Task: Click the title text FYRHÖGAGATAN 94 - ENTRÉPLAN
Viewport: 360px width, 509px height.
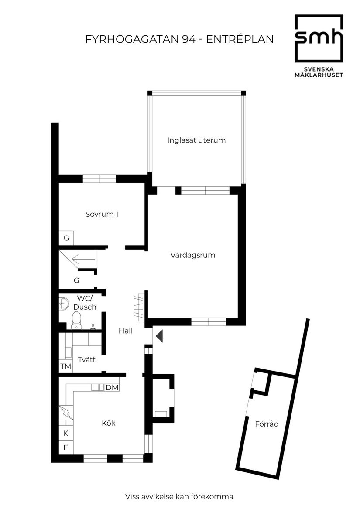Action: (x=179, y=39)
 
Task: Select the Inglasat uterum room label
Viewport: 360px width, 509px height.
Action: (x=196, y=140)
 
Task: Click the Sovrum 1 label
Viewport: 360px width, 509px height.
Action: (x=102, y=214)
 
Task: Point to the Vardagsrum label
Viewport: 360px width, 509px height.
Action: (x=192, y=255)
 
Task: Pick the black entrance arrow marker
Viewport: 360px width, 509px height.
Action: (x=159, y=336)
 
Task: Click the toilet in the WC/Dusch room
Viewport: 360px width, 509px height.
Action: (x=77, y=319)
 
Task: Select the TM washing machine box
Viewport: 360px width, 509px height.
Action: (x=65, y=366)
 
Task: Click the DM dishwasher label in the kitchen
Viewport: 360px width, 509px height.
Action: (x=112, y=387)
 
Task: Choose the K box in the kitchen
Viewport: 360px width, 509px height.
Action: (x=65, y=433)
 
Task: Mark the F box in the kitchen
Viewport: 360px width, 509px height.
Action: (x=65, y=447)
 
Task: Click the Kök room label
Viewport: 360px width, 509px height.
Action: (x=108, y=423)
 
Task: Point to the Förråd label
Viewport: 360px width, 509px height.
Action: (x=267, y=424)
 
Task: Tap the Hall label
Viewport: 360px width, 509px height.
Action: (x=125, y=331)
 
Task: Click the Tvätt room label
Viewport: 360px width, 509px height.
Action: (x=87, y=359)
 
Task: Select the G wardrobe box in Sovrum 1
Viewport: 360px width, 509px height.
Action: (x=66, y=238)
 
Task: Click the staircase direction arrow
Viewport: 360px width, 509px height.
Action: (x=83, y=260)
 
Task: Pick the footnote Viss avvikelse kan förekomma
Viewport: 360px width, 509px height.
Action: (x=179, y=496)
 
